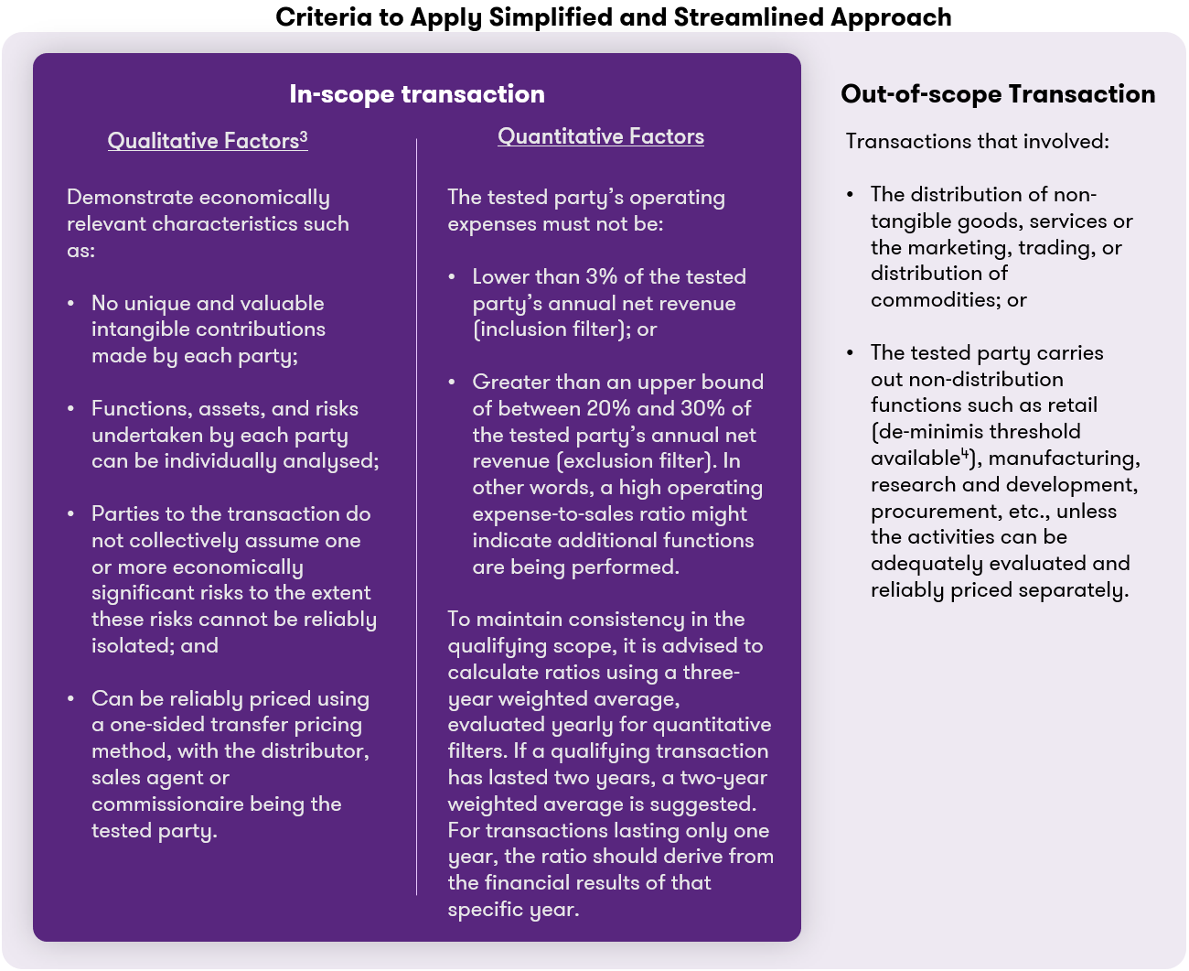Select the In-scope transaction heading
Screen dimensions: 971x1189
click(417, 94)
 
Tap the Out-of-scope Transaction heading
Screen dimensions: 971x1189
click(998, 94)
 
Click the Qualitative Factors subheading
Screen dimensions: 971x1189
click(203, 141)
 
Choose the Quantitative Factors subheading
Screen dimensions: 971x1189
click(601, 136)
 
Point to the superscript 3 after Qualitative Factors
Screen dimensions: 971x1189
click(304, 136)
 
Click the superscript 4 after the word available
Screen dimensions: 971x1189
click(964, 454)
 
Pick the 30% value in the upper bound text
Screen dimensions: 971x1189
click(704, 408)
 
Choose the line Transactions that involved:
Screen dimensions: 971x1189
click(977, 141)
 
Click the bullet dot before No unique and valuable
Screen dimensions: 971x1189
click(71, 303)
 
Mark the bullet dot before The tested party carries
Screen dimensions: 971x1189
click(851, 352)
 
